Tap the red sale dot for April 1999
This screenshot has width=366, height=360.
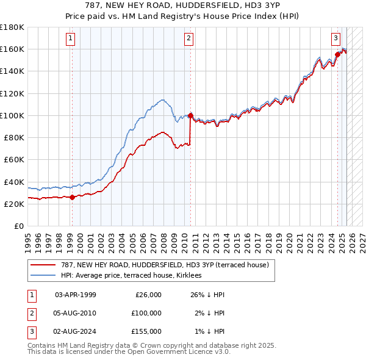click(x=72, y=197)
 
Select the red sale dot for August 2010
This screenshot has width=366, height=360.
click(x=190, y=115)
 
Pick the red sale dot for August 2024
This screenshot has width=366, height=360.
click(x=337, y=54)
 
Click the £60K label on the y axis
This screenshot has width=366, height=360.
click(x=14, y=160)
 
